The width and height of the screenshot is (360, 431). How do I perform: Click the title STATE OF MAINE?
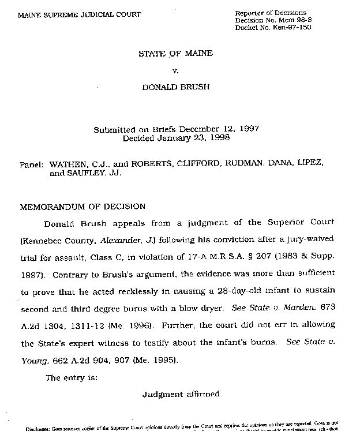(x=175, y=54)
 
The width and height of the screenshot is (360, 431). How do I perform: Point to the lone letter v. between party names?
(x=176, y=71)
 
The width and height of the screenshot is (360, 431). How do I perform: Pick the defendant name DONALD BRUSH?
(x=175, y=88)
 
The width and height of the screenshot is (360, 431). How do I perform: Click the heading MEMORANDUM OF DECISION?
(x=82, y=206)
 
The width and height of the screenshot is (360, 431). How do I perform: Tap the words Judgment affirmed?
(x=181, y=395)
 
